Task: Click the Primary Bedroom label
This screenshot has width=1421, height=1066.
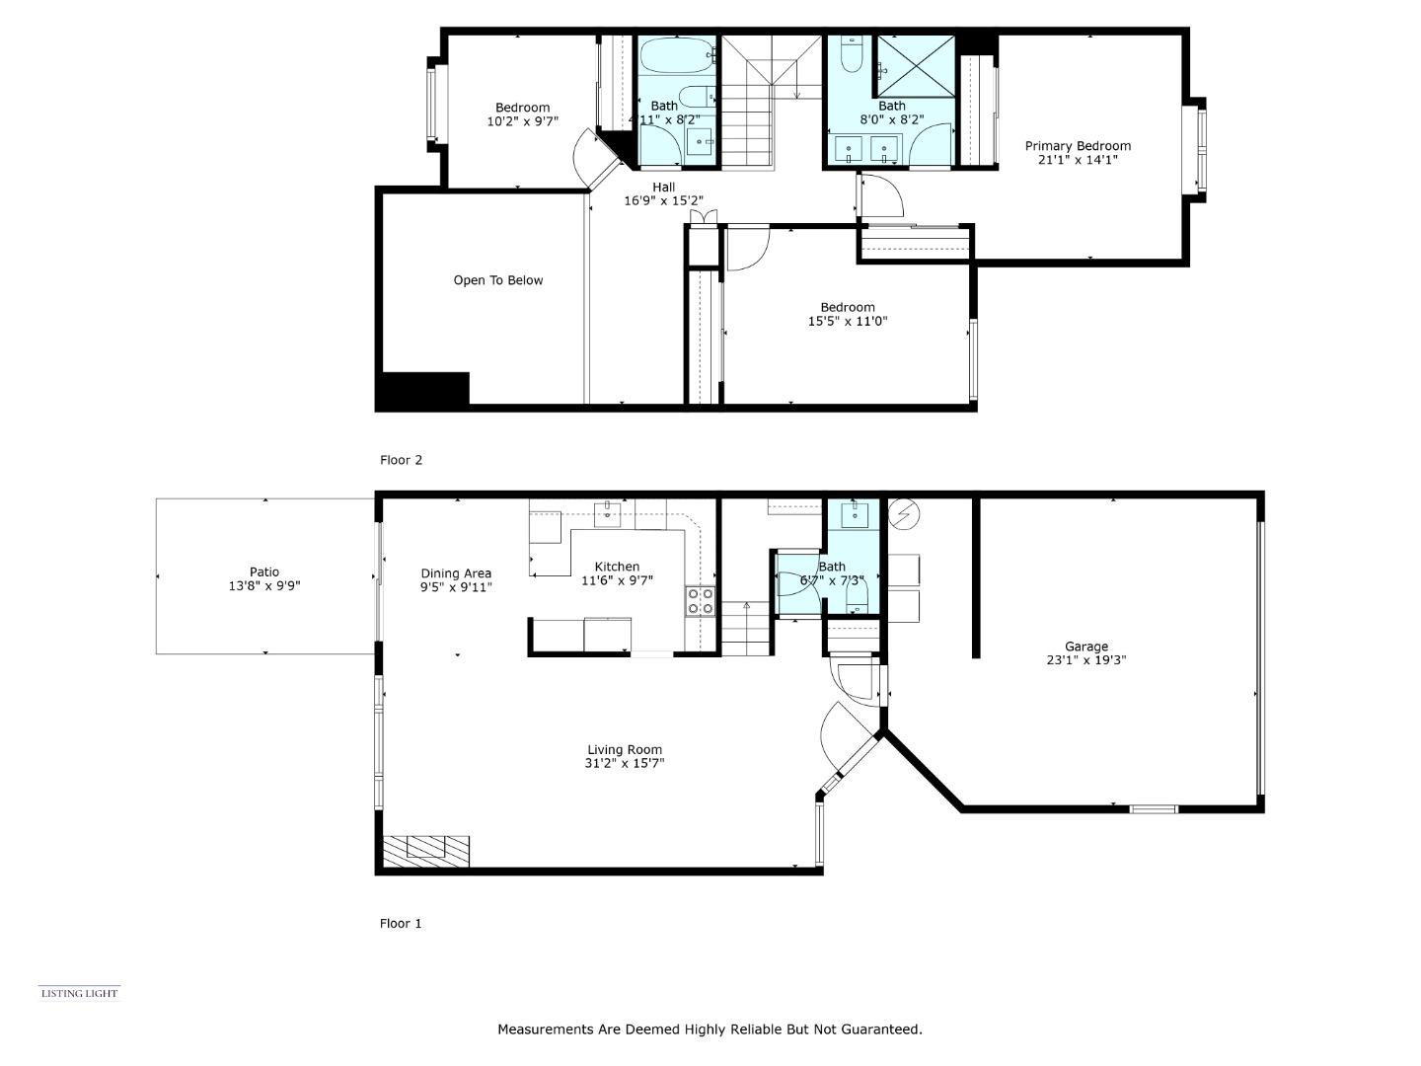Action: (1078, 146)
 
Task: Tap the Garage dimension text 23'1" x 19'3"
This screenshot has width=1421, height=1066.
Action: (1085, 661)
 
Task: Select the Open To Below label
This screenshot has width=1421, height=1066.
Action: (498, 280)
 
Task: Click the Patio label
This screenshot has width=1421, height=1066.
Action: (264, 571)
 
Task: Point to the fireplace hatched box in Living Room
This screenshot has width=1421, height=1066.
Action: (426, 851)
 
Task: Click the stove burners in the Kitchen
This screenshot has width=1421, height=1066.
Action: (701, 601)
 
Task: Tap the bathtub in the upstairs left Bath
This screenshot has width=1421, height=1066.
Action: (677, 55)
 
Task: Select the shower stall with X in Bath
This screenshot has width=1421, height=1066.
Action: (916, 66)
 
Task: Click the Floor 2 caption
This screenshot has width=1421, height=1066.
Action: (401, 460)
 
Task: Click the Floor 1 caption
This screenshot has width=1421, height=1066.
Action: (401, 924)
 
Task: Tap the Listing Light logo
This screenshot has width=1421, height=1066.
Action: (79, 993)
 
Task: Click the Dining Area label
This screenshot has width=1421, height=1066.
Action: (456, 573)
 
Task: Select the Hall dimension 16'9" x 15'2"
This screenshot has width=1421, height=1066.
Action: (663, 200)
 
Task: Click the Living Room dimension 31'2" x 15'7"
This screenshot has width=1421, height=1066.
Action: (624, 763)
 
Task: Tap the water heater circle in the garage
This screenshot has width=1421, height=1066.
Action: (901, 512)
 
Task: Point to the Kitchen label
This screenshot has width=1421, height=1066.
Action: (617, 567)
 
